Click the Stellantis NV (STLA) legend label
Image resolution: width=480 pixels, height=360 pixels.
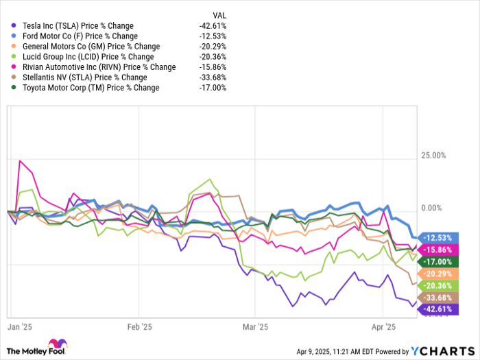coord(76,77)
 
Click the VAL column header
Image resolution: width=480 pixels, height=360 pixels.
coord(219,15)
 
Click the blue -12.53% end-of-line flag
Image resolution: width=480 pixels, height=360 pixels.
coord(437,237)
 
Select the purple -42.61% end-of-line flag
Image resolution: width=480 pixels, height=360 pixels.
coord(437,309)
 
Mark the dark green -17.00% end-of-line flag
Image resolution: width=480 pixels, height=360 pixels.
coord(437,261)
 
